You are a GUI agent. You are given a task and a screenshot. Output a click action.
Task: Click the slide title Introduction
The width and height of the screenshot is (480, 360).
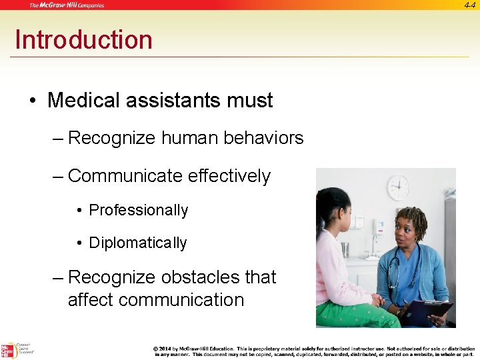click(83, 40)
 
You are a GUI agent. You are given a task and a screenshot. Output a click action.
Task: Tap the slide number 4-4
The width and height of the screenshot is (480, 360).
click(469, 5)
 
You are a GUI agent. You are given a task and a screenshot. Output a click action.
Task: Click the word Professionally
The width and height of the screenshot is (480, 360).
click(139, 211)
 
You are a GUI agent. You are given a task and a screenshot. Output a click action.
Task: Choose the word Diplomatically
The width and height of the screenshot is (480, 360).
click(138, 243)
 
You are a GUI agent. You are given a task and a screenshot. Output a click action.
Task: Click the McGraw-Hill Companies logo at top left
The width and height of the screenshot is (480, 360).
click(67, 5)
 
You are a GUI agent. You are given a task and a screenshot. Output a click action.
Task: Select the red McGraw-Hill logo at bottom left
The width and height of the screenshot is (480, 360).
click(9, 350)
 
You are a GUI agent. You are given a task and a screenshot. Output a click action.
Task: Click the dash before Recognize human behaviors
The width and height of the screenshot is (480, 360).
click(59, 139)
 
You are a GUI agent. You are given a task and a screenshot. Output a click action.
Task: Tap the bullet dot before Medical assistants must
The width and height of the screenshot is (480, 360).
click(32, 101)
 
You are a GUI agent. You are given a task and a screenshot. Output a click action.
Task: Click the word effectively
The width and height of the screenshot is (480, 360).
click(229, 176)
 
